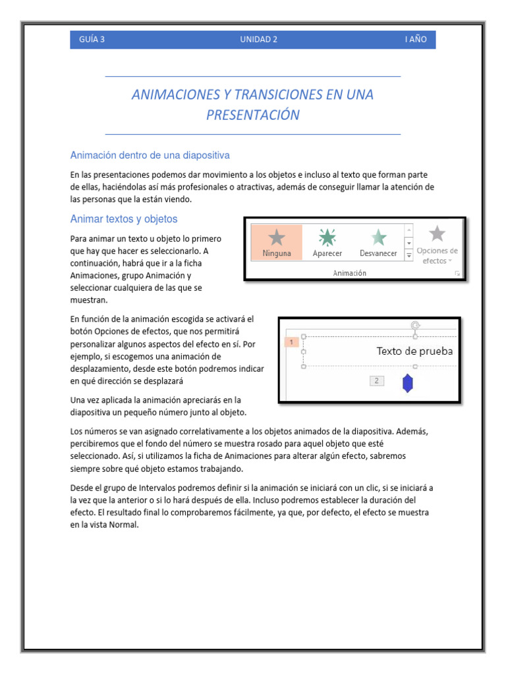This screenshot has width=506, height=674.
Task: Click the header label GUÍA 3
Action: (92, 39)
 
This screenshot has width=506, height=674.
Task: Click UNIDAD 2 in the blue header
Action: (258, 39)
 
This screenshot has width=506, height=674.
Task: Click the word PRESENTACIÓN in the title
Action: (253, 115)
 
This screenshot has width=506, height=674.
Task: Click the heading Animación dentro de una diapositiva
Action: (150, 155)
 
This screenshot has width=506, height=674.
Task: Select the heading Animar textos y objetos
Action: (123, 219)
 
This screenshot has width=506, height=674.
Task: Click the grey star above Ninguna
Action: (277, 237)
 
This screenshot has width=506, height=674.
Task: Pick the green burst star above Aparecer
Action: (327, 237)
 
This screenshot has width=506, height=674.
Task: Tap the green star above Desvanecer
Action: (378, 237)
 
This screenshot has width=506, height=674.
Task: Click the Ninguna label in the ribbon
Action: (277, 253)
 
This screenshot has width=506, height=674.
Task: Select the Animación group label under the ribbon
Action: (349, 272)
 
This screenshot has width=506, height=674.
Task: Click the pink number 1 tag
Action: (291, 342)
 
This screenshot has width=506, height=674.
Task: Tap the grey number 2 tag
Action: (376, 380)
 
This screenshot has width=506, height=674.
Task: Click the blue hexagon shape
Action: (408, 384)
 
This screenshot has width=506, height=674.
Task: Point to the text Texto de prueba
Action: (414, 351)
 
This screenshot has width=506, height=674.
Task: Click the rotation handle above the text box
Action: (415, 325)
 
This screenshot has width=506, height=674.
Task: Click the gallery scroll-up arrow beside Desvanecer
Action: (408, 230)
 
